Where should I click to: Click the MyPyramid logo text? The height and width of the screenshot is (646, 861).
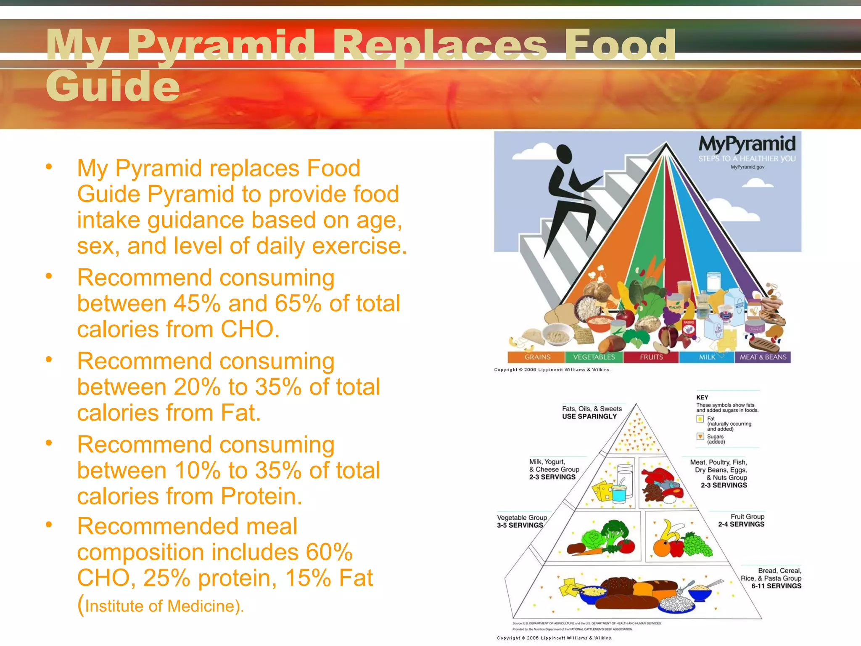pyautogui.click(x=747, y=144)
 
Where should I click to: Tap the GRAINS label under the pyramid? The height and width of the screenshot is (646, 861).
pyautogui.click(x=537, y=357)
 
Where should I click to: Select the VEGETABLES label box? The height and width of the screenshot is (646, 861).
pyautogui.click(x=594, y=357)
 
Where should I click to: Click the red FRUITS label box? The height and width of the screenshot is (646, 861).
pyautogui.click(x=651, y=357)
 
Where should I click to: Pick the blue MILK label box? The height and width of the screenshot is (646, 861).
pyautogui.click(x=707, y=357)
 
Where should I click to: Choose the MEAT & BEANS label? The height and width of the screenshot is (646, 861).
pyautogui.click(x=763, y=357)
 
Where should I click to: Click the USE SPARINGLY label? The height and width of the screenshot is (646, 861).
pyautogui.click(x=589, y=416)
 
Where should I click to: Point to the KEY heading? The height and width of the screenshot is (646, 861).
pyautogui.click(x=702, y=397)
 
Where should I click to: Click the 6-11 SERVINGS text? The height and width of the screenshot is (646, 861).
pyautogui.click(x=776, y=586)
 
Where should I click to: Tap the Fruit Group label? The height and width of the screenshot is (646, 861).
pyautogui.click(x=747, y=516)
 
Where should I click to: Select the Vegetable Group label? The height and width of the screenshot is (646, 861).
pyautogui.click(x=522, y=518)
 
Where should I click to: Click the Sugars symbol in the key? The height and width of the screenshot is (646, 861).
pyautogui.click(x=700, y=436)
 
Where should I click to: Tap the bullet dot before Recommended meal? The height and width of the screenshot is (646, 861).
pyautogui.click(x=49, y=524)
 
